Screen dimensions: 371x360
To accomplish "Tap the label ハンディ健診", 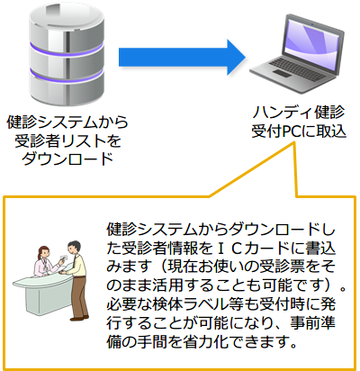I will pos(299,113).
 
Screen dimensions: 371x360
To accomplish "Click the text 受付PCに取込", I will pos(299,131).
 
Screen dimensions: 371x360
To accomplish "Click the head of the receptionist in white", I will pos(41,254).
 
